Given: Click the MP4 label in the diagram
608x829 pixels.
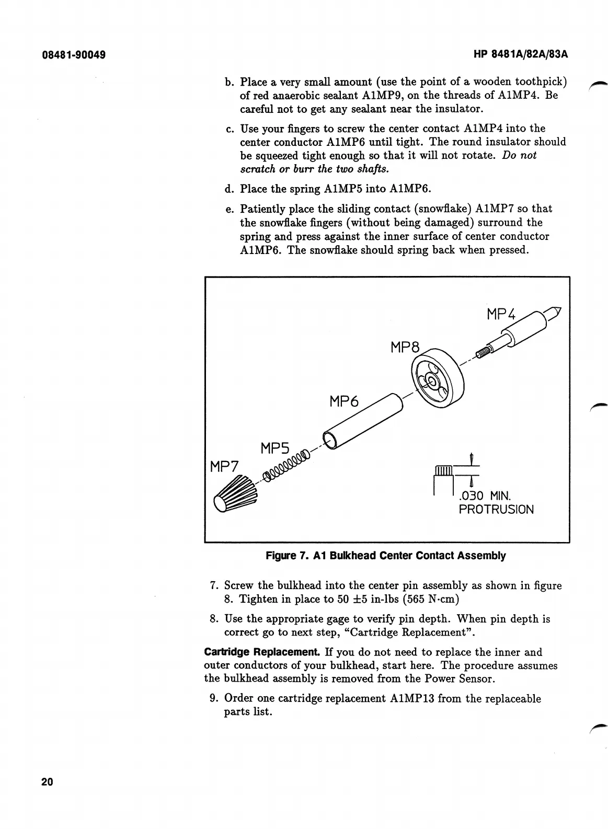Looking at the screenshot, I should coord(501,314).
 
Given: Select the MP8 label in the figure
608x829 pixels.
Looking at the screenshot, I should coord(405,347).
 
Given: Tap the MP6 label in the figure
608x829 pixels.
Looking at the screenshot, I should coord(345,401).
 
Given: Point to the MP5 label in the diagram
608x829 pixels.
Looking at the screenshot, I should coord(275,448).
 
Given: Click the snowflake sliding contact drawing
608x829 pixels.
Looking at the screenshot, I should coord(236,494).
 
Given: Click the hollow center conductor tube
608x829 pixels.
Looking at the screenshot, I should coord(363,420).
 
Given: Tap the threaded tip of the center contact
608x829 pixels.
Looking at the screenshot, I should coord(485,352).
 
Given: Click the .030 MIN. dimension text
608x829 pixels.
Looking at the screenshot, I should coord(485,495).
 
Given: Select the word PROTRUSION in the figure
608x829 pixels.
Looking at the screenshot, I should coord(496,509).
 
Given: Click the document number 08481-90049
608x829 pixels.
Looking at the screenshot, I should coord(73,54).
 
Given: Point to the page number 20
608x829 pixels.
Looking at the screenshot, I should coord(47,782).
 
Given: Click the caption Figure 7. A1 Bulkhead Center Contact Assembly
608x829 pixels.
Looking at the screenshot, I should coord(386,556).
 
